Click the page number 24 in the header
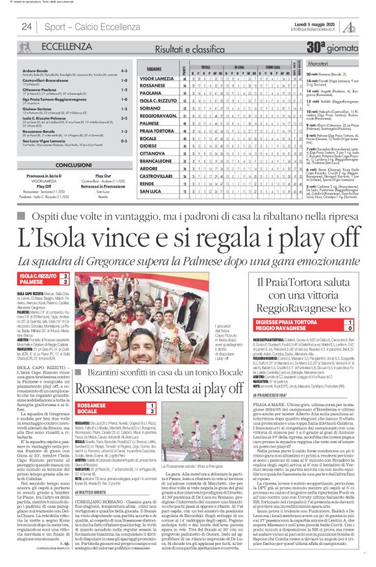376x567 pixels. tap(27, 27)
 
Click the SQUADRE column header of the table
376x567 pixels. tap(153, 67)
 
